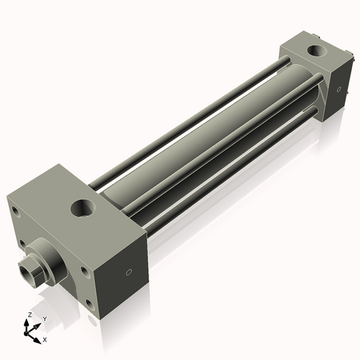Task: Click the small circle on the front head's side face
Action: [x=129, y=272]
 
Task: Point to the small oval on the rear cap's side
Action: [x=336, y=89]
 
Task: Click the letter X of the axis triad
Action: [x=45, y=338]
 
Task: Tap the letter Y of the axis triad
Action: [x=44, y=318]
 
